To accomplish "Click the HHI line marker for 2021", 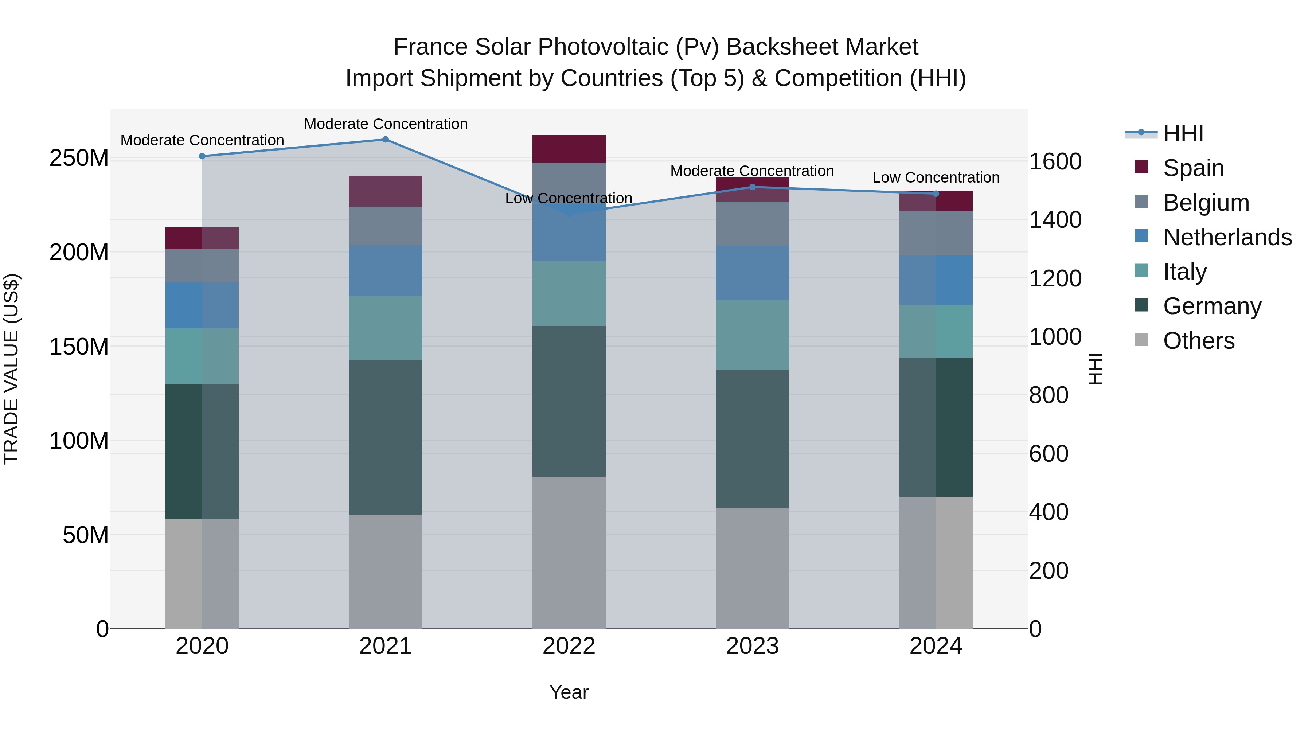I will click(386, 140).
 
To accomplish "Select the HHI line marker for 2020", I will click(202, 156).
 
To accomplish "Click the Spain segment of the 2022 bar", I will click(569, 149).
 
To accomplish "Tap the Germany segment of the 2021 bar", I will click(386, 437).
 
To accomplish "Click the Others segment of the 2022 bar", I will click(569, 552).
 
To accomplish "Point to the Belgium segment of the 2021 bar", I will click(386, 226).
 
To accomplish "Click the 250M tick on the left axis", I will click(79, 159).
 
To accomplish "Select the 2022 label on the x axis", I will click(569, 646).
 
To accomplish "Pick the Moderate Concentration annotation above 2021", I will click(386, 124).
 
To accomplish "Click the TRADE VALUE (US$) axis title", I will click(11, 369).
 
